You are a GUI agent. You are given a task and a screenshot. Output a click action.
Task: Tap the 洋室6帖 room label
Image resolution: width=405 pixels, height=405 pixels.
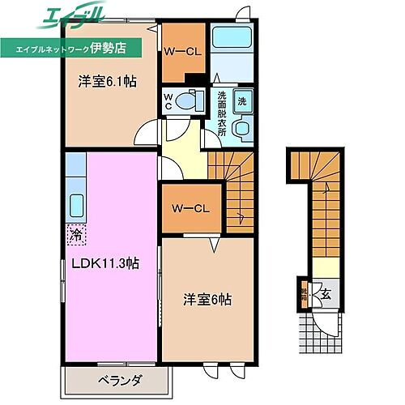click(207, 299)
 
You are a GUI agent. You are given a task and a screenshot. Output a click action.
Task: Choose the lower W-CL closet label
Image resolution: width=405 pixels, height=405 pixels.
click(190, 208)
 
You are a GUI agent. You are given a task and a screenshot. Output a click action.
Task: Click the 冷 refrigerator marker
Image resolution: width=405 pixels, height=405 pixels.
click(75, 236)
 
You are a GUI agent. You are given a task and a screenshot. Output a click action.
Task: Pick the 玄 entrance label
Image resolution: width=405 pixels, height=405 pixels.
click(324, 293)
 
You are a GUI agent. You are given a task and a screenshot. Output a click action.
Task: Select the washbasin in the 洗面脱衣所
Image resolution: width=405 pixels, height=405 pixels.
click(240, 130)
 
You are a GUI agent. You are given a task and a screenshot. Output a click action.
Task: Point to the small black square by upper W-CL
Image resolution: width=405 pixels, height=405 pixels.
click(190, 79)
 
